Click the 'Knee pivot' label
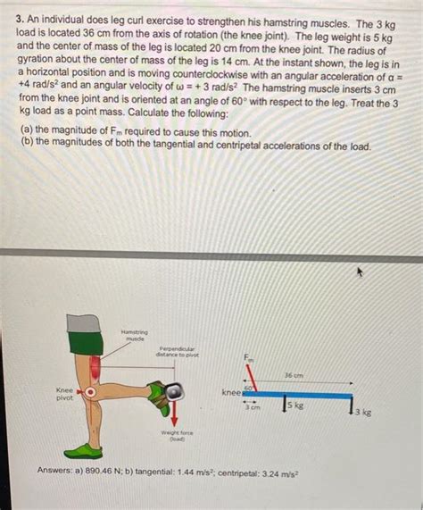(65, 394)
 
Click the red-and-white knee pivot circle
(89, 391)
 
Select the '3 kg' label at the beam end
(362, 413)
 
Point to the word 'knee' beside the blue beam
(231, 392)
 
